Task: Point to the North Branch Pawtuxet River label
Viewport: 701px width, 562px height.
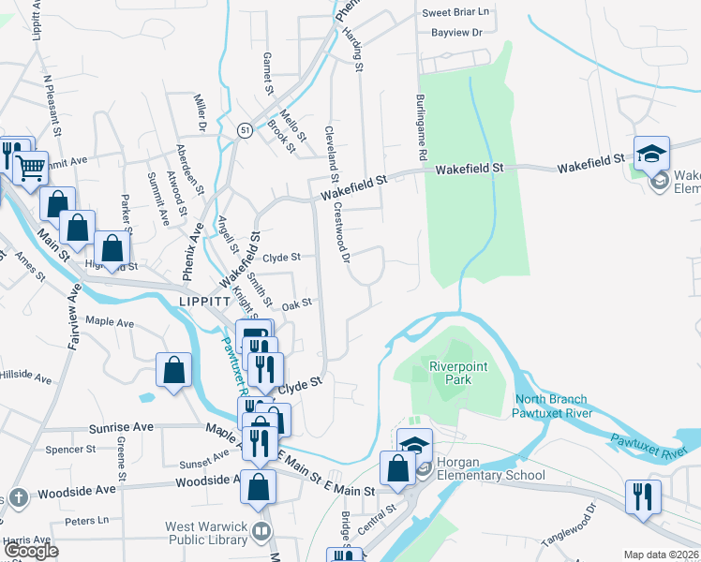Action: point(554,406)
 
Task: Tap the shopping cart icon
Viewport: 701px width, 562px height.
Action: point(32,169)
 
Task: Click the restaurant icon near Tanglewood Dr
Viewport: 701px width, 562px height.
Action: point(643,496)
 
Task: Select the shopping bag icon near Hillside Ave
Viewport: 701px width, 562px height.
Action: point(174,369)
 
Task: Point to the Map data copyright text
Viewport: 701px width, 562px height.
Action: point(662,555)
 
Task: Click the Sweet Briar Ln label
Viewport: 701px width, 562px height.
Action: point(455,12)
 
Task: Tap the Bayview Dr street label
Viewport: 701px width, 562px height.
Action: point(456,33)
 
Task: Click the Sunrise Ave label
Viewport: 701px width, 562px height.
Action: point(121,427)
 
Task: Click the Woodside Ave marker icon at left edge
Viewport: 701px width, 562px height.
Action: point(17,496)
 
